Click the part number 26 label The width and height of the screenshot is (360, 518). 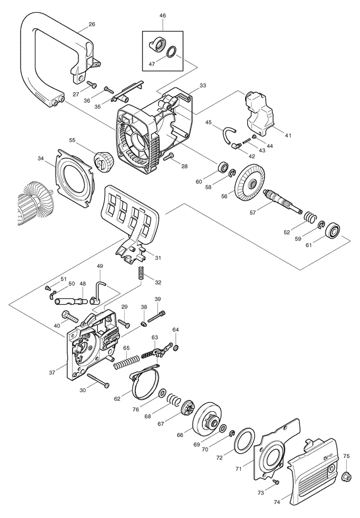coord(92,24)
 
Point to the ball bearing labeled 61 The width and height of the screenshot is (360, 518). coord(333,230)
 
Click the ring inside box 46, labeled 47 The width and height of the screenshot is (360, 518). coord(171,52)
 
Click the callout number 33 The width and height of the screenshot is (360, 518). coord(202,85)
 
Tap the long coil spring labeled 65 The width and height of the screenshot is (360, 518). coord(126,362)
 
